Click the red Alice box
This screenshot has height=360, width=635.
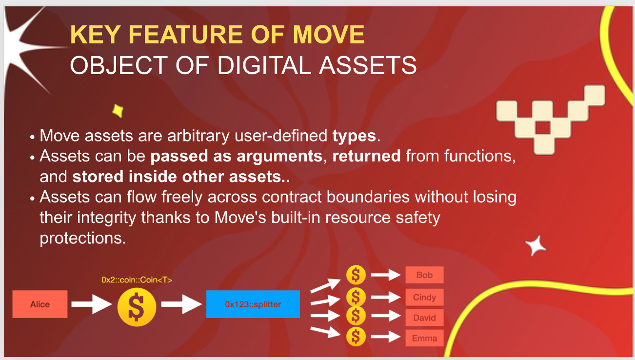coord(40,304)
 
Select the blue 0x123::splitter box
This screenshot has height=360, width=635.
coord(253,304)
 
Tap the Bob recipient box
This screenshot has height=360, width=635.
coord(424,275)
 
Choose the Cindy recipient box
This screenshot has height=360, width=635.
coord(424,297)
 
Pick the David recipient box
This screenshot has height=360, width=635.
coord(424,318)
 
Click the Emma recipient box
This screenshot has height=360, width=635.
coord(424,338)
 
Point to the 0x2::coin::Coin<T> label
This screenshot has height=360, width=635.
coord(137,280)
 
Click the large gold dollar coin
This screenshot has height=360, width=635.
coord(137,307)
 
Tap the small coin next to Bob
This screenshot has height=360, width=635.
coord(356,275)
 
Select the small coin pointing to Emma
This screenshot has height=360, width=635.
coord(356,337)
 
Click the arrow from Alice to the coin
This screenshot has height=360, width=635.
coord(92,304)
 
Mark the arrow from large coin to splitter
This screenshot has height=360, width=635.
coord(181,304)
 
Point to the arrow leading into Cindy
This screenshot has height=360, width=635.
coord(386,297)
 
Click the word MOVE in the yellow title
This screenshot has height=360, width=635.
coord(329,35)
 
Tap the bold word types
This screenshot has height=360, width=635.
coord(354,136)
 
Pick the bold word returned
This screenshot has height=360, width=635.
coord(366,156)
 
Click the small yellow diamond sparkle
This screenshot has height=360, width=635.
coord(118,111)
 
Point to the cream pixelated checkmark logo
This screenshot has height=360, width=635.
coord(551,120)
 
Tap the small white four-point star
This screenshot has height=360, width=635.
coord(535,246)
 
